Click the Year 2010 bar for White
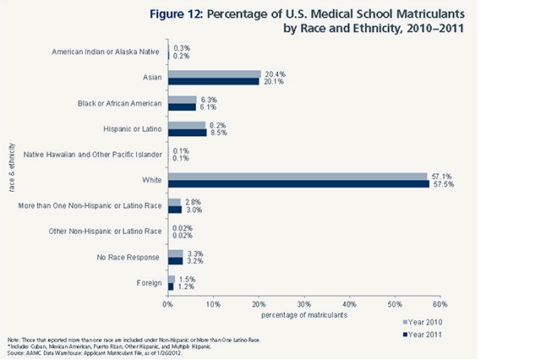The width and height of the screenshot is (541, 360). click(298, 177)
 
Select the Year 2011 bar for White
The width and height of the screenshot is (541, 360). click(298, 183)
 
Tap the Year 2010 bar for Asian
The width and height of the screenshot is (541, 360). click(215, 74)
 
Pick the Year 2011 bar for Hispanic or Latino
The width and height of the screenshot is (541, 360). click(188, 133)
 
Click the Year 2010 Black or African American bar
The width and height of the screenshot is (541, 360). click(183, 100)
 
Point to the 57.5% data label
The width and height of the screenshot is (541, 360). click(444, 184)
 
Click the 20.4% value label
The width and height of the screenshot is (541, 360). click(275, 74)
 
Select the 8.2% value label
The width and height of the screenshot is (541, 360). click(217, 126)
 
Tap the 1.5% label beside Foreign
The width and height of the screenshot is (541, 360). click(187, 280)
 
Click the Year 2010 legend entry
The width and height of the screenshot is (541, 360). click(423, 322)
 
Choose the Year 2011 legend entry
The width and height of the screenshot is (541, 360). click(423, 335)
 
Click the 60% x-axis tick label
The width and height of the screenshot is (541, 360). click(440, 304)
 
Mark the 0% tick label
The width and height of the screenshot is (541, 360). click(167, 304)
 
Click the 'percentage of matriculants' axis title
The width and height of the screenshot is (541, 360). click(304, 315)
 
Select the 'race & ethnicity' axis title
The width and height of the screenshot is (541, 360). click(12, 167)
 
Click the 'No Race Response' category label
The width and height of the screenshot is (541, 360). click(128, 257)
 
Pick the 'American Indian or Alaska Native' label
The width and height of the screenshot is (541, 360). click(106, 52)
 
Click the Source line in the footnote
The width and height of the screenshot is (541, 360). click(95, 352)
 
